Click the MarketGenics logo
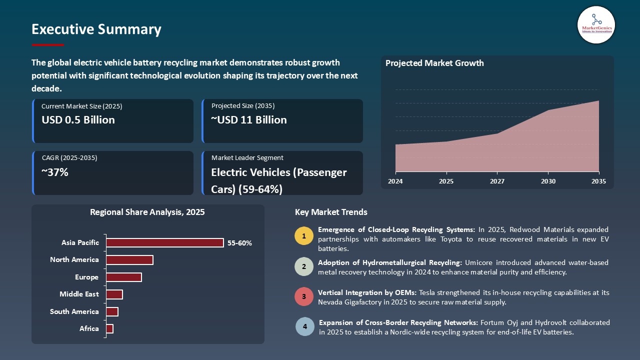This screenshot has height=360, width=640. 596,24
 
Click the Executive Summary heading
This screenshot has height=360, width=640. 96,29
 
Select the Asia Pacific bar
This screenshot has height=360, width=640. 165,242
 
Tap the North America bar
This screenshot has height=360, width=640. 129,260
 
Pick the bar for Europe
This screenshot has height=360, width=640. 124,277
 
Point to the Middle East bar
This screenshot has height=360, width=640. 114,294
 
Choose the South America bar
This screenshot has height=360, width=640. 112,311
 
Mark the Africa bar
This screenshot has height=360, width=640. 110,328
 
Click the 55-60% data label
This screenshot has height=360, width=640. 239,243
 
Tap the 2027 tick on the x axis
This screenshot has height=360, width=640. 496,181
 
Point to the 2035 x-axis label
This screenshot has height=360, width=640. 598,181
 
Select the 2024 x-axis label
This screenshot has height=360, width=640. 395,181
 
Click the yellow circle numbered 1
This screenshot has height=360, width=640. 304,236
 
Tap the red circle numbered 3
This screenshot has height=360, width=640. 304,296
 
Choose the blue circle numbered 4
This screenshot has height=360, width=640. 304,326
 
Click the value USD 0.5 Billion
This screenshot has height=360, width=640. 78,120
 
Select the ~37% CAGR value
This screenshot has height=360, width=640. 55,172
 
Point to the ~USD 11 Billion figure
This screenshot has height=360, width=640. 249,120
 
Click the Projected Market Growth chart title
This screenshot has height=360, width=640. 434,63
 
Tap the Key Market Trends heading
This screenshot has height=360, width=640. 331,212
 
